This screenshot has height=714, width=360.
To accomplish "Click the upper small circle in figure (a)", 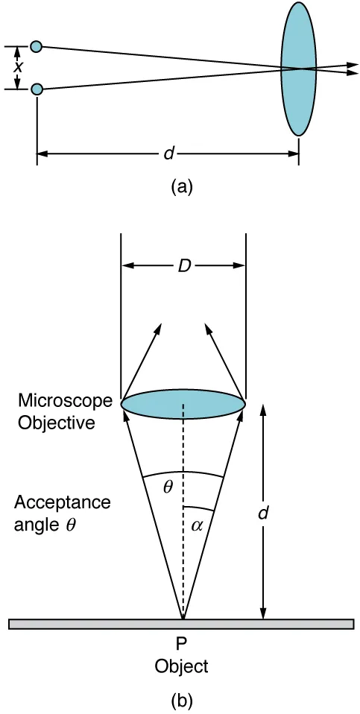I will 36,47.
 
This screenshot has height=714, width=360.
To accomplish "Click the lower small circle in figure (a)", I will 36,89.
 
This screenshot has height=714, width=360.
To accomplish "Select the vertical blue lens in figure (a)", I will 298,69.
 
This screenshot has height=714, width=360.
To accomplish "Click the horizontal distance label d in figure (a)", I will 168,154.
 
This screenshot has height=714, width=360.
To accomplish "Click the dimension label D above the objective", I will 183,265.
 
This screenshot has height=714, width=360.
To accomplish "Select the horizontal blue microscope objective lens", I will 183,402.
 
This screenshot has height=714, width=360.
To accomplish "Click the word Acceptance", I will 62,502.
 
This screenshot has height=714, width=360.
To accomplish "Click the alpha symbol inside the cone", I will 197,524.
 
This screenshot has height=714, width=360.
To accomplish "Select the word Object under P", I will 182,665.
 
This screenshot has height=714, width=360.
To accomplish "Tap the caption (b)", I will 182,701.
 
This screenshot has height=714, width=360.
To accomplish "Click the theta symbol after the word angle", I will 71,523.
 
